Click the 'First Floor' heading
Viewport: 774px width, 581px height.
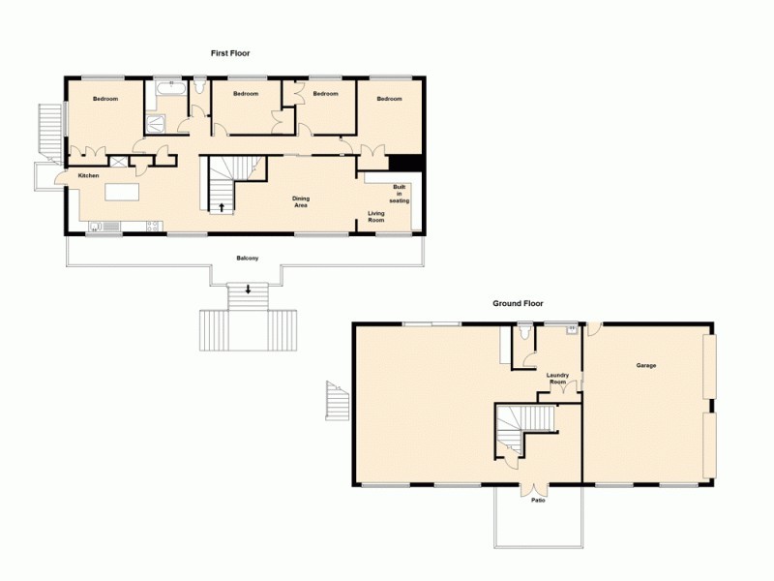pos(231,53)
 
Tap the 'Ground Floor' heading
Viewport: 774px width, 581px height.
pos(518,303)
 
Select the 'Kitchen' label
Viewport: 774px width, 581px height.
pos(89,175)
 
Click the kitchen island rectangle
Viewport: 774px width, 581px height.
pos(122,192)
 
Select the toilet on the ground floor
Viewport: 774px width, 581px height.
pos(523,333)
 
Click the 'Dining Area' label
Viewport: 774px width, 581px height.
pos(301,201)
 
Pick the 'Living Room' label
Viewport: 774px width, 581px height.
pos(376,217)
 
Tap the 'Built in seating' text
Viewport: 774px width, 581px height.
pos(400,194)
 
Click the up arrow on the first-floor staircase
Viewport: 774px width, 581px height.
pos(222,205)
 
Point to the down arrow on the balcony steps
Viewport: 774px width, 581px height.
pos(249,289)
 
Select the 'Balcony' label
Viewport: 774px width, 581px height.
pos(247,258)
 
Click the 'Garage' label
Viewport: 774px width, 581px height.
pos(646,366)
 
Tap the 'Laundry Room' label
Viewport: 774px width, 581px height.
pos(557,378)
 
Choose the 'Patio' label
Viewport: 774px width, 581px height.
pos(538,500)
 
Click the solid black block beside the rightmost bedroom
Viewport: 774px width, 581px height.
pos(404,164)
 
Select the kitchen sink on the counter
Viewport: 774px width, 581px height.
pos(104,228)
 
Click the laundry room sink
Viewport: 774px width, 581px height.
pos(572,329)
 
